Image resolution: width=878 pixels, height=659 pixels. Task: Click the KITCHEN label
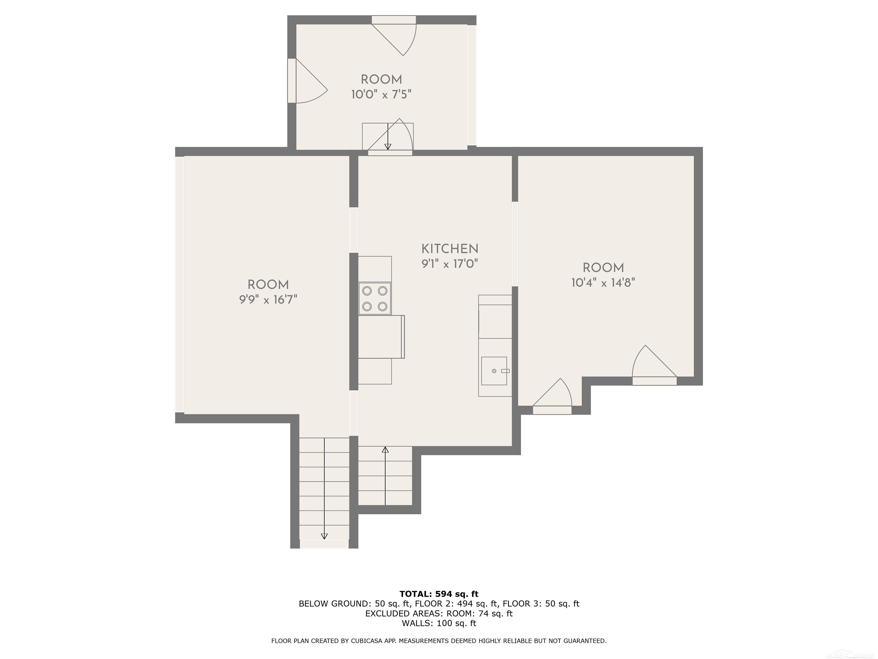[x=450, y=249]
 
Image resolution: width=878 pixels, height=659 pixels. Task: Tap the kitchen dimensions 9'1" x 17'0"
[x=450, y=264]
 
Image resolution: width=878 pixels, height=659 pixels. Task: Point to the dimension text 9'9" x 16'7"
[x=268, y=299]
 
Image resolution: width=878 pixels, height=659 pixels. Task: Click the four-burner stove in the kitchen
[x=375, y=299]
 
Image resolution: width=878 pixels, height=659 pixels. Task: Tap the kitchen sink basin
[x=494, y=371]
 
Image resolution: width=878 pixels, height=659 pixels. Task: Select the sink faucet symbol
[x=505, y=371]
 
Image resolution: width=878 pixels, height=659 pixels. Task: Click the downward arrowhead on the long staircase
[x=324, y=536]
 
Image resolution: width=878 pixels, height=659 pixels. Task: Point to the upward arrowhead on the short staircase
[x=385, y=450]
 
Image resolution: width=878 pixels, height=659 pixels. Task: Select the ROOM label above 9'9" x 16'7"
[x=268, y=285]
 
